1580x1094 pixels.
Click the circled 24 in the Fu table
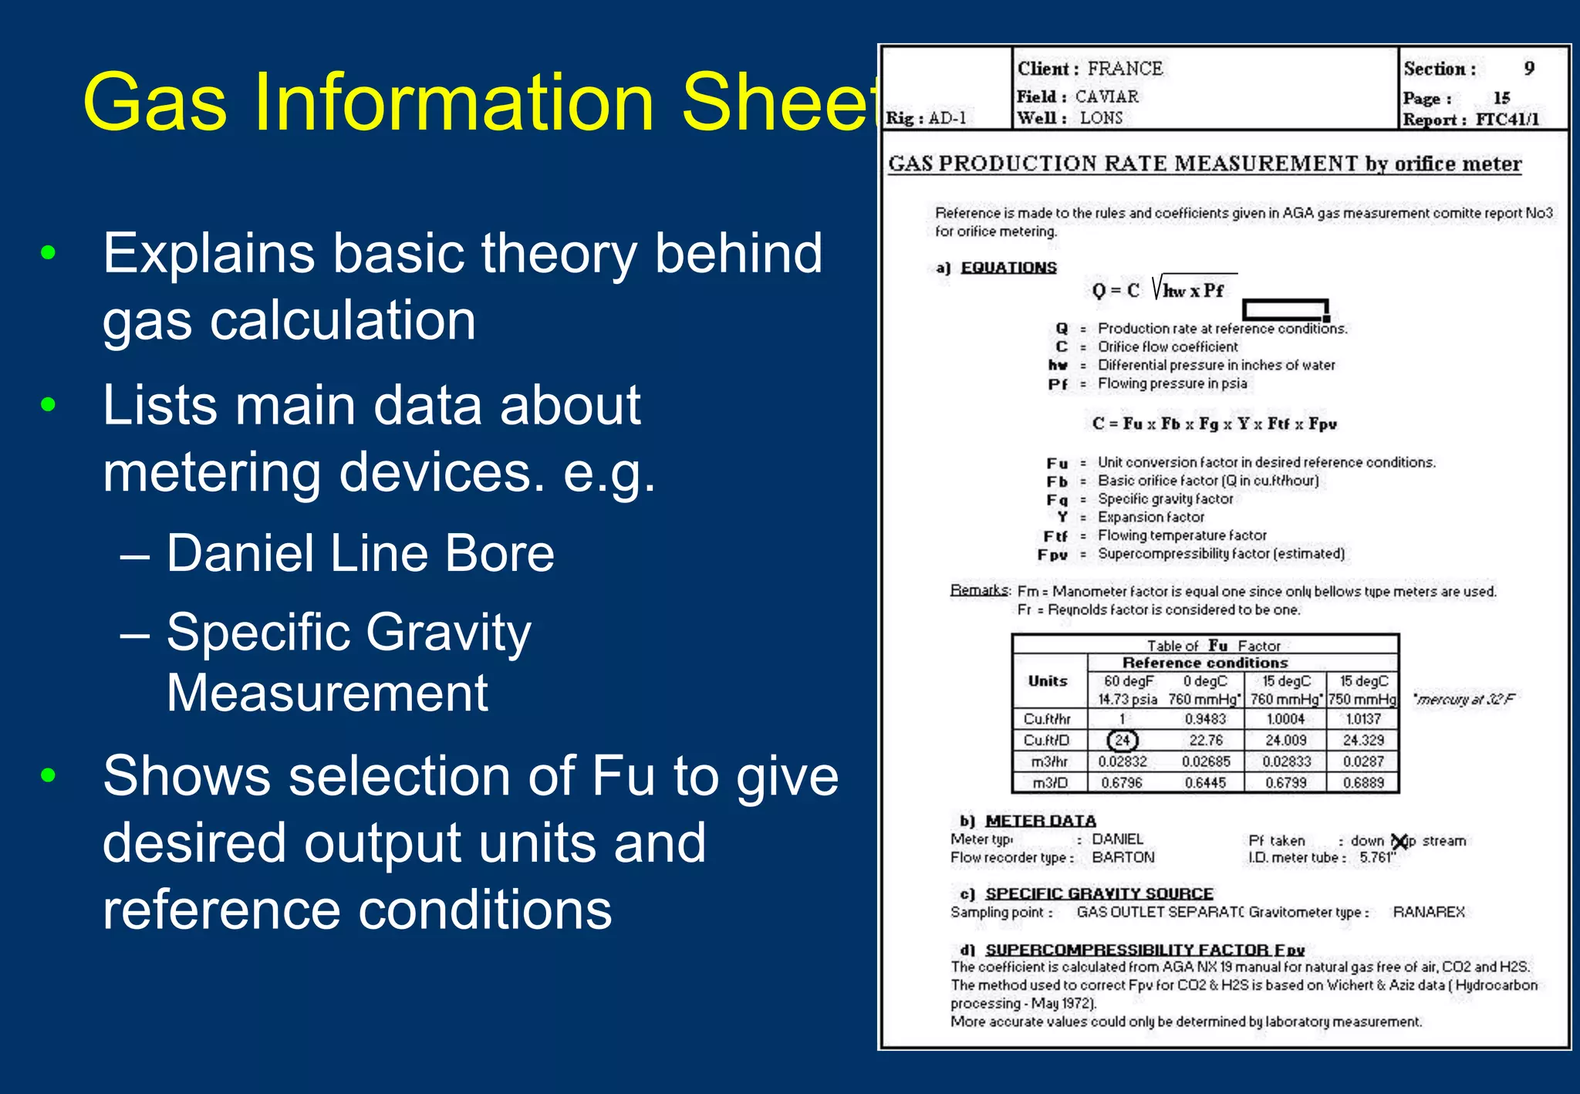(x=1123, y=741)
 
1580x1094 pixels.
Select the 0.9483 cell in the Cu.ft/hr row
(x=1205, y=719)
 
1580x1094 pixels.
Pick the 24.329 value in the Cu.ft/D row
(x=1362, y=741)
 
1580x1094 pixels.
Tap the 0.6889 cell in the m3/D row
(x=1362, y=783)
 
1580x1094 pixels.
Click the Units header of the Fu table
(x=1048, y=681)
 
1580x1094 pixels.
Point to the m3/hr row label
(x=1049, y=762)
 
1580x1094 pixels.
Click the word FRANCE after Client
(x=1125, y=69)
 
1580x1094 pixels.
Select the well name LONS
(x=1101, y=118)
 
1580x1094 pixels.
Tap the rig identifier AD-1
(x=947, y=119)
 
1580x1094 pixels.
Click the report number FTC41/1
(x=1507, y=120)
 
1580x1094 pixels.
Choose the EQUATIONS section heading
(x=1008, y=268)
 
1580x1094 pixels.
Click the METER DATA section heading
(x=1040, y=821)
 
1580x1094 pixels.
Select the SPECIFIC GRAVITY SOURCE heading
(x=1099, y=893)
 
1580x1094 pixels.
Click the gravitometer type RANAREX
(x=1429, y=912)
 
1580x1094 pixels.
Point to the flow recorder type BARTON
(x=1123, y=858)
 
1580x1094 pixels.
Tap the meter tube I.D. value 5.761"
(x=1378, y=858)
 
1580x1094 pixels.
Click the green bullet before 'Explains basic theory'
(x=49, y=252)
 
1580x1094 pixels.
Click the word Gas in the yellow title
(x=155, y=102)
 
